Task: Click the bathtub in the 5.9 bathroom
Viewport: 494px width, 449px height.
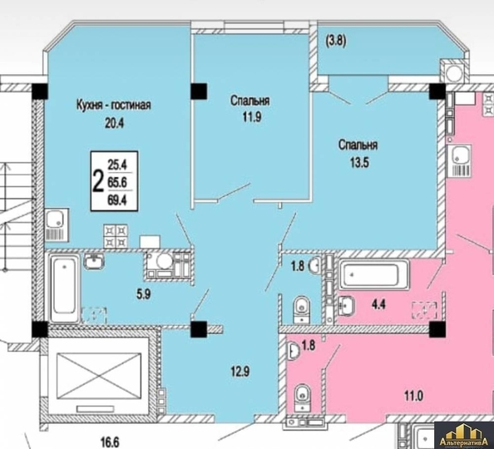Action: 63,290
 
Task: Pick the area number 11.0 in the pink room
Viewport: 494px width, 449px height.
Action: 408,397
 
